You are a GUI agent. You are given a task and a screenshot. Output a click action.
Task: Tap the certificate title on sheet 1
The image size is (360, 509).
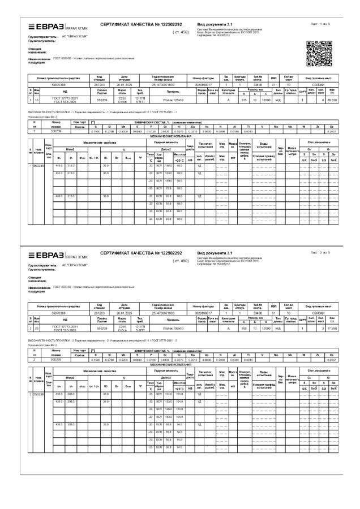[x=141, y=25]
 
